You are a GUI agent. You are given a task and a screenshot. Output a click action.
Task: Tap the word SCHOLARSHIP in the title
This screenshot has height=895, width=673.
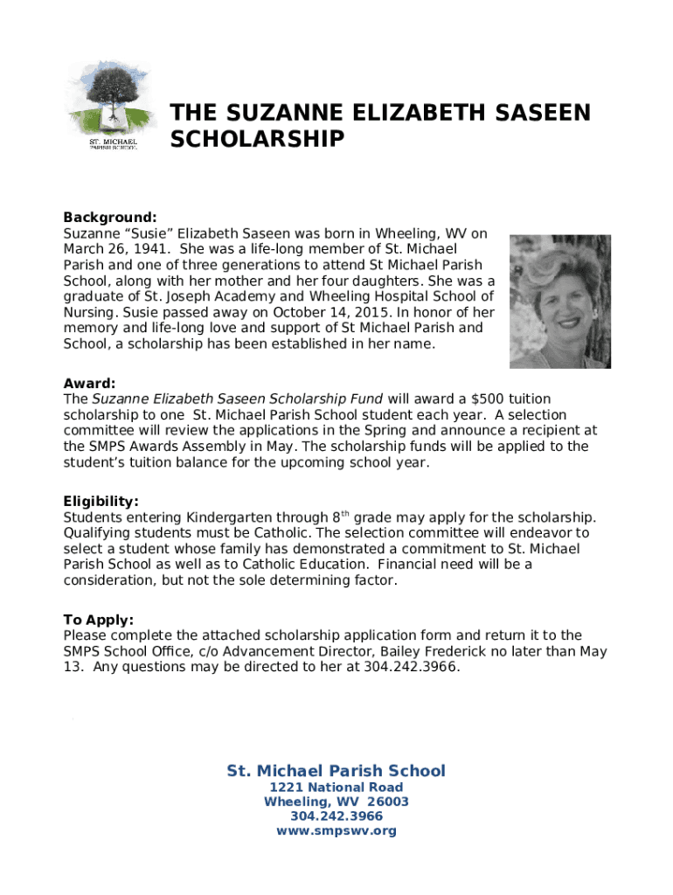tap(257, 140)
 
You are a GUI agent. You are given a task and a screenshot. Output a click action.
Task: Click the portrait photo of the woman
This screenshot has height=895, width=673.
tap(559, 301)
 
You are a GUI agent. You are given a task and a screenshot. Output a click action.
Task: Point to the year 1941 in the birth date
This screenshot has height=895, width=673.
tap(139, 250)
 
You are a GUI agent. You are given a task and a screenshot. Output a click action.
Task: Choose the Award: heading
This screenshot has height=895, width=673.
tap(89, 384)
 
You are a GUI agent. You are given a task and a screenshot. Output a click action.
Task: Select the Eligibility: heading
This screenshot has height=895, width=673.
tap(101, 502)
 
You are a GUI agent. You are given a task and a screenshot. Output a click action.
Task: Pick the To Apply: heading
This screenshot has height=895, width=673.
tap(98, 620)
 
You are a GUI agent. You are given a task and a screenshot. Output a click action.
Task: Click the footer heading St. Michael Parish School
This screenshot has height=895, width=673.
tap(336, 771)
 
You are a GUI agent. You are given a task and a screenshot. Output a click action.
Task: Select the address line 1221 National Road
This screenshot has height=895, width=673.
tap(336, 787)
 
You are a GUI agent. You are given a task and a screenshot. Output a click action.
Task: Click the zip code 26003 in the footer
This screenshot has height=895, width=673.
tap(388, 802)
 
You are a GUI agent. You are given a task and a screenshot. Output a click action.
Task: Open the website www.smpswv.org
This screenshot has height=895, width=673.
tap(336, 831)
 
